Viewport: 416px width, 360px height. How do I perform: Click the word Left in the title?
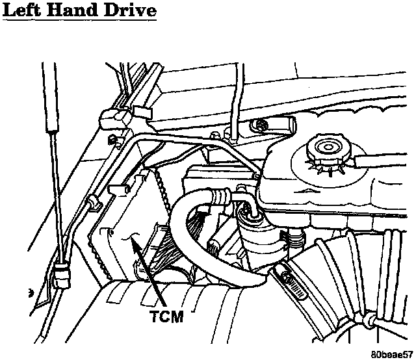pos(26,12)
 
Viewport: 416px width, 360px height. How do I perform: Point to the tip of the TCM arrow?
pos(131,239)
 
